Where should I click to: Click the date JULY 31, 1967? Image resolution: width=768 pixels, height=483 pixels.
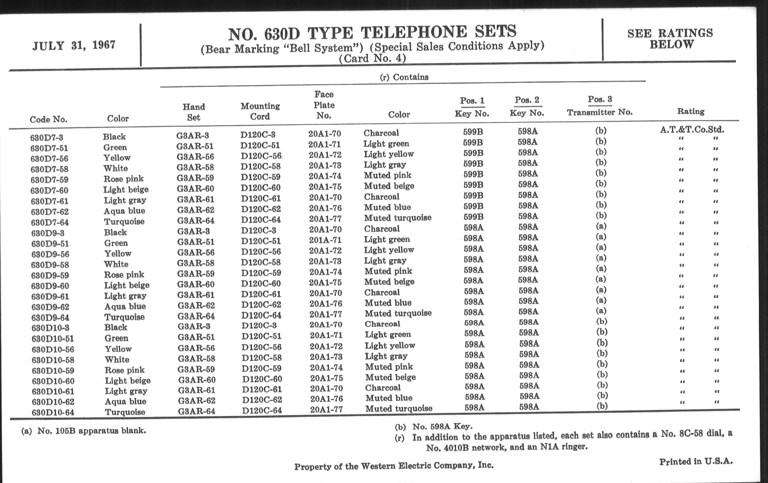[x=74, y=45]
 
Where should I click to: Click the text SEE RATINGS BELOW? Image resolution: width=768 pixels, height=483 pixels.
[x=670, y=39]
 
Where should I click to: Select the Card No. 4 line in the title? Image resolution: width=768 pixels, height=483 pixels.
[x=372, y=59]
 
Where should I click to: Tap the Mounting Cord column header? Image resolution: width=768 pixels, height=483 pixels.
[x=260, y=111]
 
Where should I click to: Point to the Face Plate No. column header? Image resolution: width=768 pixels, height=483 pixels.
[x=324, y=105]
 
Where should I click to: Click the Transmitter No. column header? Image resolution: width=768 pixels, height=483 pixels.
[x=600, y=112]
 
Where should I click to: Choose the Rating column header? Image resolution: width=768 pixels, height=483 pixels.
[x=691, y=111]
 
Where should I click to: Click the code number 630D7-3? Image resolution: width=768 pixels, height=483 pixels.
[x=46, y=138]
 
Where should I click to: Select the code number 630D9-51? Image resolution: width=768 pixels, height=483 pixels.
[x=50, y=244]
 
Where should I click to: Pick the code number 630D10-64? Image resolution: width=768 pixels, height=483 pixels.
[x=53, y=412]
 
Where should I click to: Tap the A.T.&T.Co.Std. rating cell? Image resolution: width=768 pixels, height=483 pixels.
[x=692, y=130]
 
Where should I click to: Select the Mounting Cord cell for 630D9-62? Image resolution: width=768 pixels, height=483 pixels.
[x=261, y=305]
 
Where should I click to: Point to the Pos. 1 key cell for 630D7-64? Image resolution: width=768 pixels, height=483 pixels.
[x=473, y=217]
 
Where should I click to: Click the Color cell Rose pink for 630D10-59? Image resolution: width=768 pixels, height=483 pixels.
[x=124, y=370]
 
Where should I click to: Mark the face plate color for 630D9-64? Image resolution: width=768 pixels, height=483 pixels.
[x=398, y=313]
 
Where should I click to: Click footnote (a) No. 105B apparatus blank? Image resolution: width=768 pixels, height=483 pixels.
[x=84, y=431]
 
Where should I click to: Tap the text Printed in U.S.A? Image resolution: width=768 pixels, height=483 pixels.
[x=696, y=461]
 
